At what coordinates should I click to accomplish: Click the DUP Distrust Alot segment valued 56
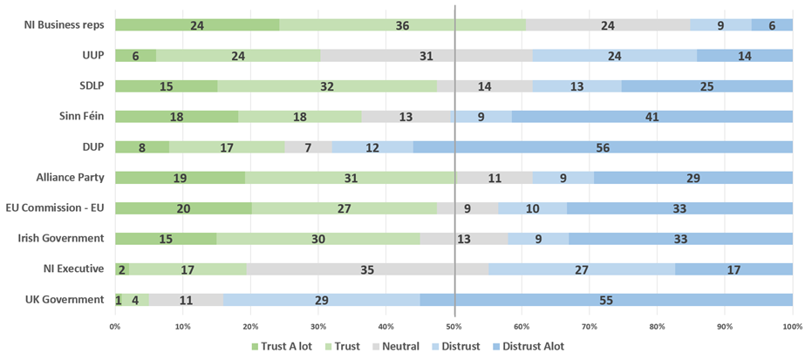coord(603,147)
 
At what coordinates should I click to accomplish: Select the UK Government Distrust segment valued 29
coord(321,300)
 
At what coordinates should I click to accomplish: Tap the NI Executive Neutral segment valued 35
coord(367,269)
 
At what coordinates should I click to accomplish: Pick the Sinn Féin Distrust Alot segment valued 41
coord(652,117)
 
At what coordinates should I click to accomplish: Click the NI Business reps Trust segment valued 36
coord(402,25)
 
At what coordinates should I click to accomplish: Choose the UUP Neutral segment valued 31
coord(426,56)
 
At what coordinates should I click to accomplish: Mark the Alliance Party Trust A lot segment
coord(180,178)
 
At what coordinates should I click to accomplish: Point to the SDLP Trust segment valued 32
coord(327,86)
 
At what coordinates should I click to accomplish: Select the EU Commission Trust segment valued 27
coord(344,208)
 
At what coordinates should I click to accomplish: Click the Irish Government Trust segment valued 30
coord(318,239)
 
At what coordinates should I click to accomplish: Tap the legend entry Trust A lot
coord(281,346)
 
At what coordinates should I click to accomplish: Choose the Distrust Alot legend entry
coord(524,346)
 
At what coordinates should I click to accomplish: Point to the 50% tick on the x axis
coord(454,327)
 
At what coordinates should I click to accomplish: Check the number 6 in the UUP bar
coord(135,56)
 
